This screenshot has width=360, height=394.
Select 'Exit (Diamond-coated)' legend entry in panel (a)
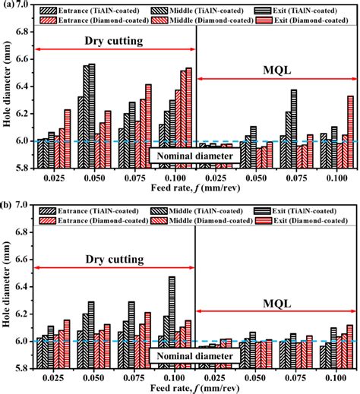point(310,24)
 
